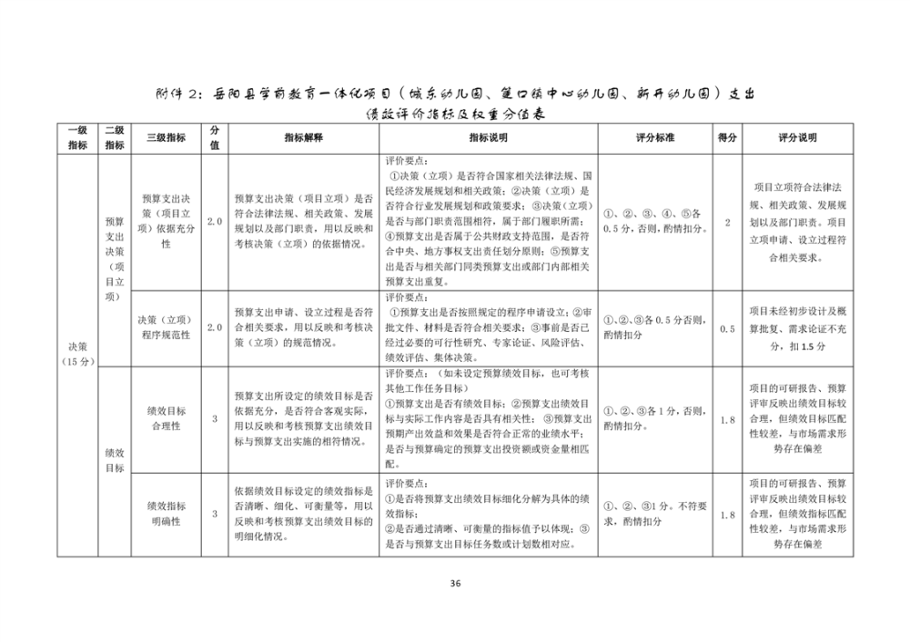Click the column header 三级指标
point(167,137)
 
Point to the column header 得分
point(726,137)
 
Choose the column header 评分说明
point(798,137)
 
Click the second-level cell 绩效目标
point(115,460)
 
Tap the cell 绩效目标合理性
point(167,417)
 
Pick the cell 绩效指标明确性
point(167,514)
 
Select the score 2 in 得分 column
point(726,222)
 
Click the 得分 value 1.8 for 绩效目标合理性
point(726,418)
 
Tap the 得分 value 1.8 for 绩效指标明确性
point(726,515)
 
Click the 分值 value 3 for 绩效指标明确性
point(214,515)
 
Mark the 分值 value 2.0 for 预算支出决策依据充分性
point(214,222)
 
